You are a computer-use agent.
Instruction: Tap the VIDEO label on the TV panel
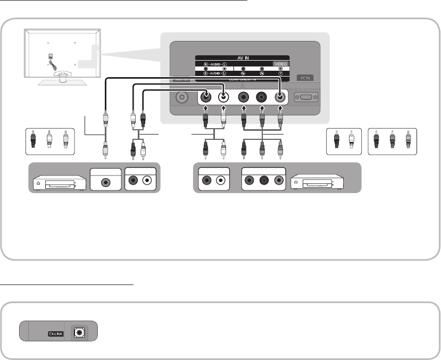(280, 64)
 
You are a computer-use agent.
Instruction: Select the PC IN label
(305, 78)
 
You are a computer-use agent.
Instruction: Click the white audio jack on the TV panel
(224, 98)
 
